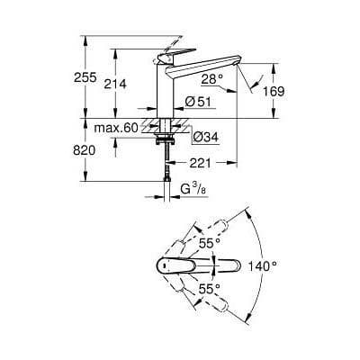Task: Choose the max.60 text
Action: (x=120, y=128)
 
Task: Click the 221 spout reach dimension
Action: (x=201, y=163)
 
